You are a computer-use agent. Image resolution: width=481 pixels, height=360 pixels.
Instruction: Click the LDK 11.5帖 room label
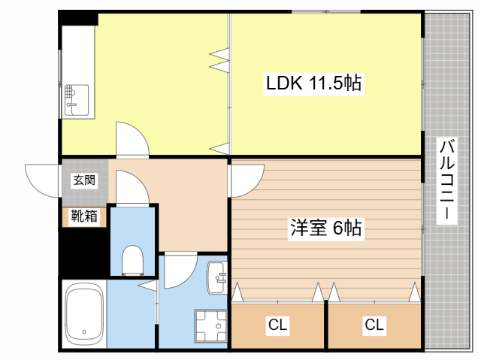coord(313,83)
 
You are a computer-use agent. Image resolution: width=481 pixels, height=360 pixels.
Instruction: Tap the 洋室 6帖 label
coord(325,228)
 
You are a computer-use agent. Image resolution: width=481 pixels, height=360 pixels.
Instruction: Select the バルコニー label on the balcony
coord(447,180)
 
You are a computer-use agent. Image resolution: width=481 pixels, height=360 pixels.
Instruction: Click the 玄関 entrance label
coord(84,180)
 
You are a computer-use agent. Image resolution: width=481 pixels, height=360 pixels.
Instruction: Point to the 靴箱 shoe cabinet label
coord(84,216)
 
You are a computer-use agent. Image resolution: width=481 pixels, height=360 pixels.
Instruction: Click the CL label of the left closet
coord(277,325)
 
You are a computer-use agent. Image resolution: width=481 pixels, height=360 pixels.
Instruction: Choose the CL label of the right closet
coord(374,325)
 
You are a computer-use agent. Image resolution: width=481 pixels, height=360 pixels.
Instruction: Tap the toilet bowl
coord(132,260)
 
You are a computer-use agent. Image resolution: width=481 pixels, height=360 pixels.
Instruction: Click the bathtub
coord(84,314)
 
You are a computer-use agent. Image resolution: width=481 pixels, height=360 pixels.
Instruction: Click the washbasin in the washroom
coord(217,277)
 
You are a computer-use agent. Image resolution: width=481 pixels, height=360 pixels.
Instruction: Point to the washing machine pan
coord(210,325)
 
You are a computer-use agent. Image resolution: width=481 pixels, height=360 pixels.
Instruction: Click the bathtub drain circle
coord(84,331)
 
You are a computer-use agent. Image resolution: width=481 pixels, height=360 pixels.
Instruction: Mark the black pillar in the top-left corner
coord(78,19)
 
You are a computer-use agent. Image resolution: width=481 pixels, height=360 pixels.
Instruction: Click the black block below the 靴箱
coord(84,252)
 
